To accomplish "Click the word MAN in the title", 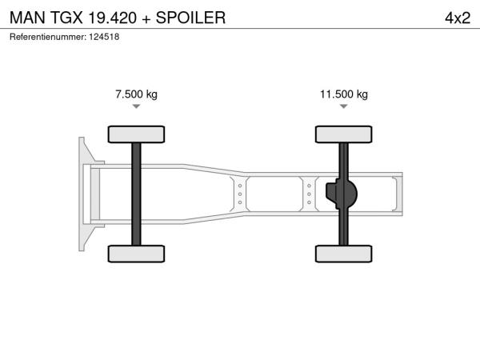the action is [27, 18].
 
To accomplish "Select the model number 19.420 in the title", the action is [112, 18].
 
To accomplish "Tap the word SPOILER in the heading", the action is [190, 18].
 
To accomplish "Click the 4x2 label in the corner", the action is [458, 18].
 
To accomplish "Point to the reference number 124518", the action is [104, 37].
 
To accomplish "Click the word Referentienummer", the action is [48, 37].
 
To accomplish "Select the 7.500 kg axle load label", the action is [136, 94].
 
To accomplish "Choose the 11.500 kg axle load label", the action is [344, 94].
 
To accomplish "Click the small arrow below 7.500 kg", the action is [136, 106].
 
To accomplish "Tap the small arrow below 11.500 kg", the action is [344, 106].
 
